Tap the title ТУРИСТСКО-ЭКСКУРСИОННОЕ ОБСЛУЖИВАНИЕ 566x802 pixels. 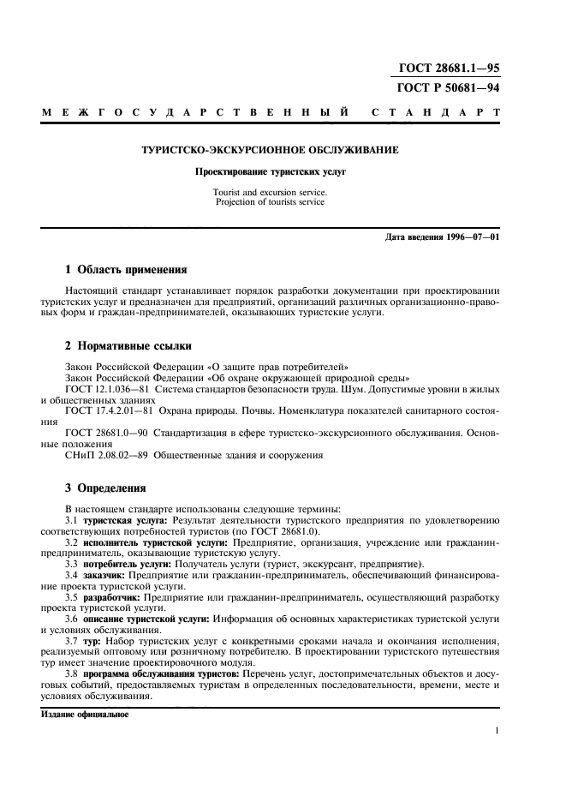[270, 150]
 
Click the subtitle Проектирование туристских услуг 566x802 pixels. [270, 171]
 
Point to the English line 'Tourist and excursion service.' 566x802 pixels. [270, 193]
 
